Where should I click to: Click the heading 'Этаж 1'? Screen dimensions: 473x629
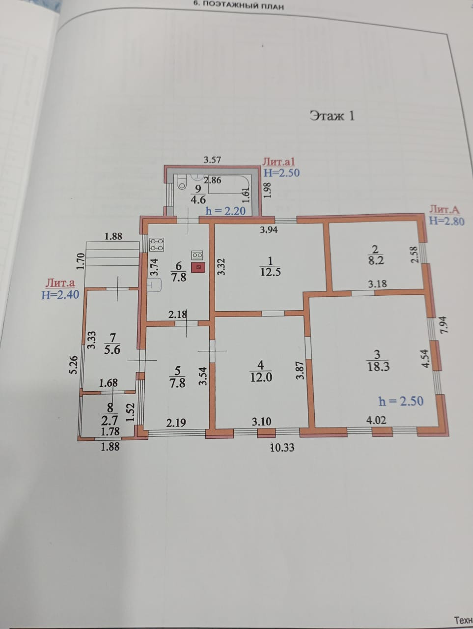332,115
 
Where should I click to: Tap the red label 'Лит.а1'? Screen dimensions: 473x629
278,161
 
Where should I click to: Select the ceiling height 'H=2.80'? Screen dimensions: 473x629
446,221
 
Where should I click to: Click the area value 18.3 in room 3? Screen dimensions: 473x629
378,367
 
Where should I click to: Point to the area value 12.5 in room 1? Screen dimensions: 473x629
270,272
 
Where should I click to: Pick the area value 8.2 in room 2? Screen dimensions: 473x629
376,260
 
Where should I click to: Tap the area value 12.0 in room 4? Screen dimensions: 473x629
261,377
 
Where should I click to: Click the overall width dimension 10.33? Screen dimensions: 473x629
282,447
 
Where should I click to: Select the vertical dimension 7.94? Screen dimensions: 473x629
445,325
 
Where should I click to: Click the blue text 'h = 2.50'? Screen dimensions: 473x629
401,401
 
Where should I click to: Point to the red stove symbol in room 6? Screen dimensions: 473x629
198,267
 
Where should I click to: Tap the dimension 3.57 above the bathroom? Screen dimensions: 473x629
213,159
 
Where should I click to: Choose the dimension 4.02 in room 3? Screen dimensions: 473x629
377,420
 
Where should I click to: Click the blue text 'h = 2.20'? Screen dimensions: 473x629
225,211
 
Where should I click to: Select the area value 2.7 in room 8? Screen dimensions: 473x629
110,420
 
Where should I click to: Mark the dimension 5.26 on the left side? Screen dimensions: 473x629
73,365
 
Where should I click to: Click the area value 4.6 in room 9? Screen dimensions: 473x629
198,200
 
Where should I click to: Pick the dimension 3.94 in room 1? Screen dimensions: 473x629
269,229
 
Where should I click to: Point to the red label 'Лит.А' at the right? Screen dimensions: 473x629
445,209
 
